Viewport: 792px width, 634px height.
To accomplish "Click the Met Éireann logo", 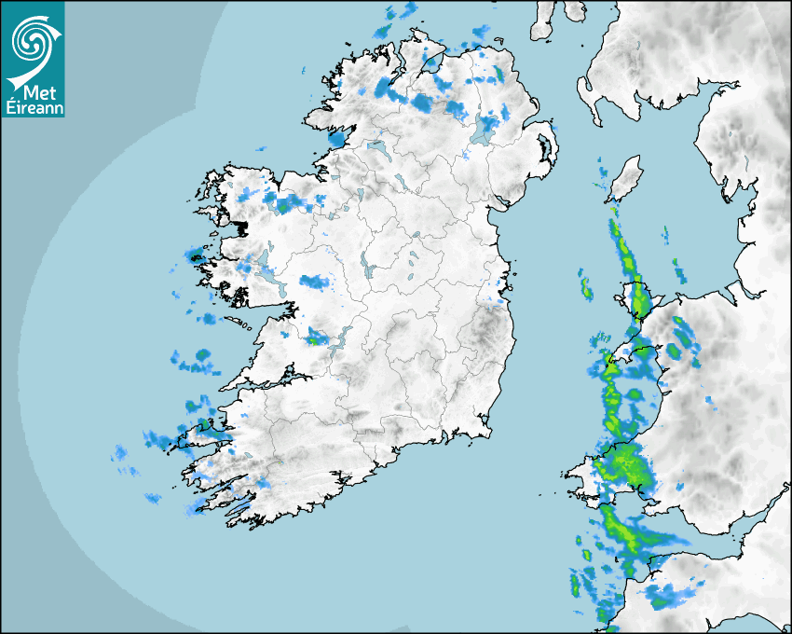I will [x=33, y=58].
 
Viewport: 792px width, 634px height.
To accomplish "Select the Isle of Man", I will [x=625, y=177].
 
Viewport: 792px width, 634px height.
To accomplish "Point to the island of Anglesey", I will [x=638, y=296].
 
